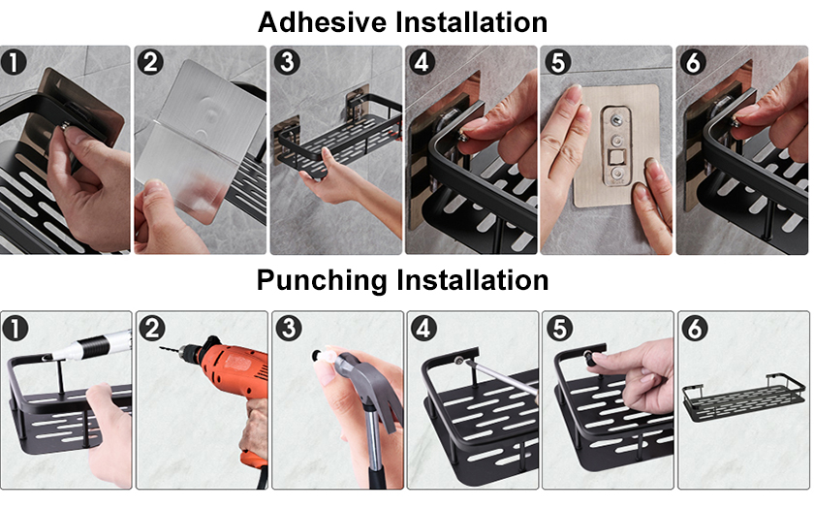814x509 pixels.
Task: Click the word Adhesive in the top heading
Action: [x=322, y=22]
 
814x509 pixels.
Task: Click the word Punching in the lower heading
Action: [x=322, y=280]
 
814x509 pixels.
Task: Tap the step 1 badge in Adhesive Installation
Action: [x=14, y=62]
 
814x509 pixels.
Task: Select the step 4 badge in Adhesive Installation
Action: [x=422, y=62]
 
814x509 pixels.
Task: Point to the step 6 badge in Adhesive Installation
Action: [x=693, y=62]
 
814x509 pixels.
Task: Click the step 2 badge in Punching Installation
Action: [x=151, y=329]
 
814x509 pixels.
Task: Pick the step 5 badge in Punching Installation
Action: [x=559, y=329]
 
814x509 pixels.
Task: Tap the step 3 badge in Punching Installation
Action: [x=289, y=329]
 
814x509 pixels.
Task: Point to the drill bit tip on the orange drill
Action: [x=161, y=347]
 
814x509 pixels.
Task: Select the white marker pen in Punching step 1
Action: [x=91, y=345]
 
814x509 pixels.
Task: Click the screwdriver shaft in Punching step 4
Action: [x=501, y=376]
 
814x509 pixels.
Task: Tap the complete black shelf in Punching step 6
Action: [x=743, y=398]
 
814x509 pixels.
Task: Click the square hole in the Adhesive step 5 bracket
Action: [x=618, y=157]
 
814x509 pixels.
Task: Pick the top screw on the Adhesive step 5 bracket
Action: [x=616, y=120]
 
